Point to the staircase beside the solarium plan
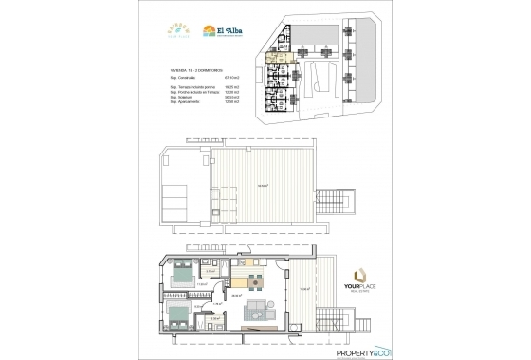[329, 202]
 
